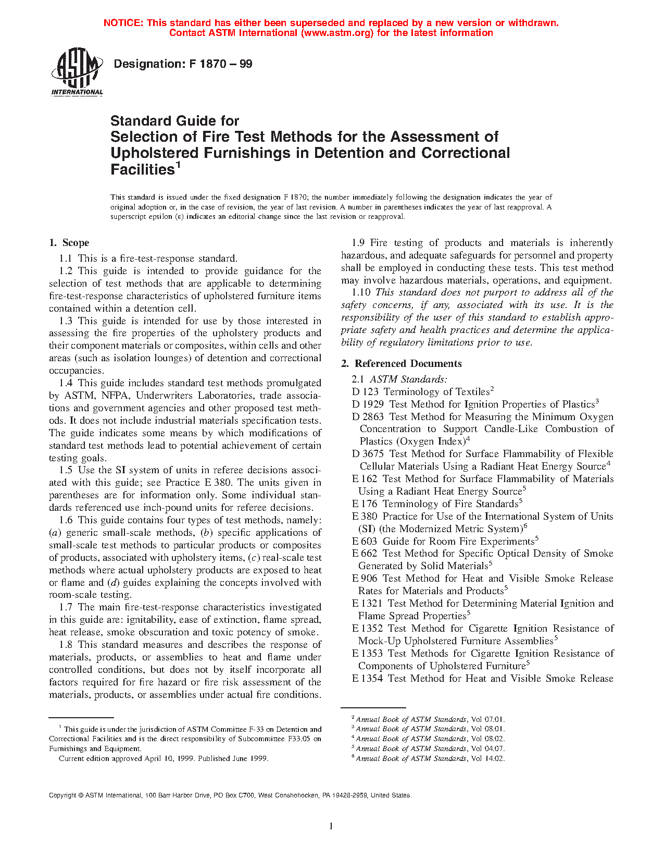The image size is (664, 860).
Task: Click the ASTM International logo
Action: [77, 71]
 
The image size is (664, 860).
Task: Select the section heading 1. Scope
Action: [69, 243]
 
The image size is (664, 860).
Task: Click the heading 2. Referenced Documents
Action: [401, 364]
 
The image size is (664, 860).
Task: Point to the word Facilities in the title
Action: [142, 169]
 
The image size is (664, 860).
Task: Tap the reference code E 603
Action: [364, 542]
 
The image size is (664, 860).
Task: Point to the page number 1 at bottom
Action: [331, 826]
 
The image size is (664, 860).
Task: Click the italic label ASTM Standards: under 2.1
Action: [408, 379]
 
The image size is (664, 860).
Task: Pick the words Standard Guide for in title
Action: [174, 121]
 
